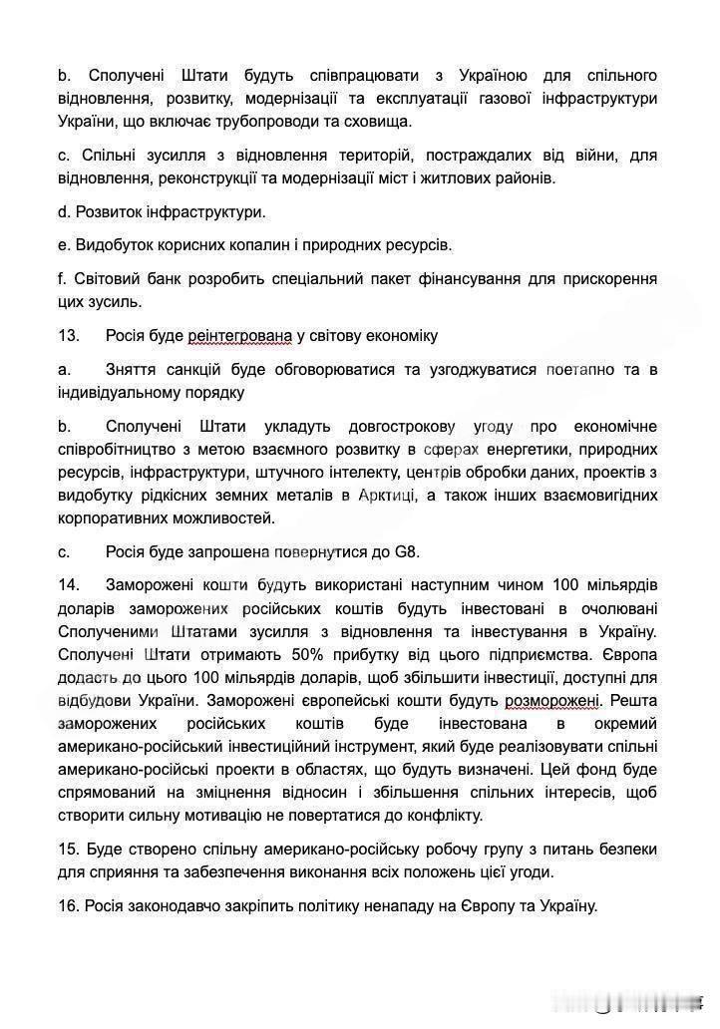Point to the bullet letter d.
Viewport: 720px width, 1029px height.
tap(63, 212)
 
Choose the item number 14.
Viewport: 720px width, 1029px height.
tap(69, 583)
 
